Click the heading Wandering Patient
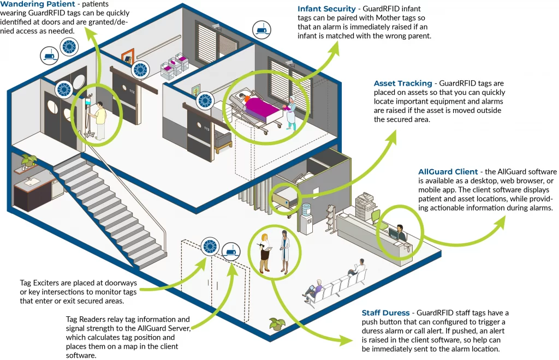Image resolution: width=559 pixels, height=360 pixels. coord(38,4)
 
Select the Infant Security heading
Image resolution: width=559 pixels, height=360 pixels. coord(326,9)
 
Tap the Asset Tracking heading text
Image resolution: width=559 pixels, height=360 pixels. coord(403,83)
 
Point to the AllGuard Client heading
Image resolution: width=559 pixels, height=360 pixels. coord(448,172)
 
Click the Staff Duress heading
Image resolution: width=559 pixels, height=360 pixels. coord(385,313)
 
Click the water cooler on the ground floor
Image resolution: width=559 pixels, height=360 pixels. coord(306,219)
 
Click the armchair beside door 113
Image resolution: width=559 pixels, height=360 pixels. coord(223,142)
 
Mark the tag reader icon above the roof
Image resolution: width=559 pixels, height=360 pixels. coord(261,30)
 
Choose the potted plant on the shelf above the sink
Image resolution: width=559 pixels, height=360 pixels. coord(28,160)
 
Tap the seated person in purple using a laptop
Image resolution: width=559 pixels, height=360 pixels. coord(313,289)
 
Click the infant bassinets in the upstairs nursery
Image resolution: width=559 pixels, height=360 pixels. coord(175,65)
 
